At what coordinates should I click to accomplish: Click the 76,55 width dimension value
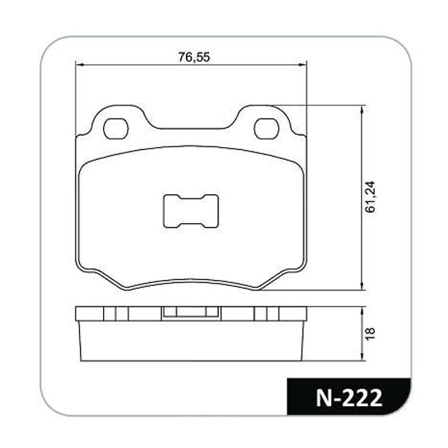[x=194, y=57]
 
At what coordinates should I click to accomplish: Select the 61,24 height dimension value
[x=370, y=196]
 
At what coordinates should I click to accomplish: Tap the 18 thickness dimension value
[x=370, y=334]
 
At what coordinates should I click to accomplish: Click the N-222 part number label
[x=349, y=397]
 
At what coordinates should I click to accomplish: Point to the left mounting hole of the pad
[x=116, y=129]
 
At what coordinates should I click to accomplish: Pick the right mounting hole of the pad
[x=267, y=129]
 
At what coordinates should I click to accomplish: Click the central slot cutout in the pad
[x=191, y=211]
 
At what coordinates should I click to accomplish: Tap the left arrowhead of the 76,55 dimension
[x=80, y=65]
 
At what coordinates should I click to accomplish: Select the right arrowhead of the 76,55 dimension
[x=302, y=65]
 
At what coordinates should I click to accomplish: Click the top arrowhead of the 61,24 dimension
[x=362, y=110]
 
